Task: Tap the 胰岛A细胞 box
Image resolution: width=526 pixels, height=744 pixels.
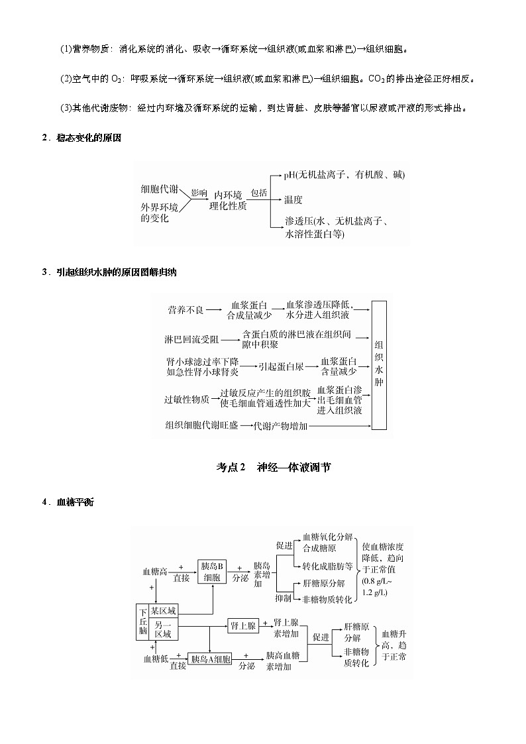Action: (x=210, y=659)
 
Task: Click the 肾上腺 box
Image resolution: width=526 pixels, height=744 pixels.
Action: (x=242, y=625)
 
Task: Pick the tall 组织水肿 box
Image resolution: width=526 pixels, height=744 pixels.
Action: (x=379, y=363)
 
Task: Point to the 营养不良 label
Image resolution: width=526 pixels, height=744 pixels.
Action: (x=185, y=309)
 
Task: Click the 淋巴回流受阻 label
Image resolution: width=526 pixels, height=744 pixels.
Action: (x=191, y=339)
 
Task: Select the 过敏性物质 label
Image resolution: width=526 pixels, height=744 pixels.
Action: (x=187, y=399)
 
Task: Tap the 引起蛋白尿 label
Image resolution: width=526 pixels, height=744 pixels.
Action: (x=281, y=365)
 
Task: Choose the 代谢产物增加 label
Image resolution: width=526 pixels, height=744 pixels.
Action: (x=281, y=426)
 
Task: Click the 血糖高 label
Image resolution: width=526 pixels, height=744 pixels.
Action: (x=154, y=571)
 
